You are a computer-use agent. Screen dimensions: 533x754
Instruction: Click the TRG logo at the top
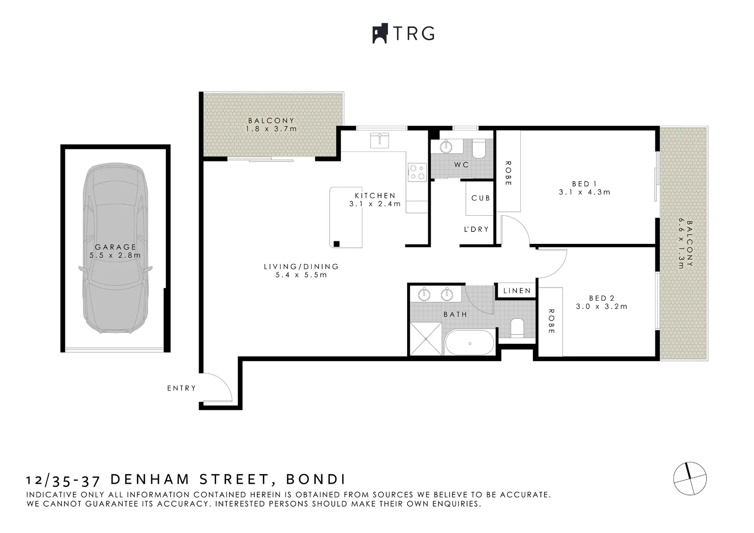click(403, 33)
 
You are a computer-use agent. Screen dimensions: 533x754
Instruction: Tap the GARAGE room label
click(116, 247)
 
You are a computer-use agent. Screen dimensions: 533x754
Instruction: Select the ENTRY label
click(181, 388)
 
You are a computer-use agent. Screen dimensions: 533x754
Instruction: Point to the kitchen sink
click(379, 140)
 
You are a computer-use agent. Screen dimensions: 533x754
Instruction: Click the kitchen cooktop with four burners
click(417, 172)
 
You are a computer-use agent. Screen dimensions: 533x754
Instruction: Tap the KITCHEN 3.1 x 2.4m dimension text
click(375, 204)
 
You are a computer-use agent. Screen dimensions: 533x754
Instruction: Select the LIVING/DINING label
click(301, 267)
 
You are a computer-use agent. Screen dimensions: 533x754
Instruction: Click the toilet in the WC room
click(479, 149)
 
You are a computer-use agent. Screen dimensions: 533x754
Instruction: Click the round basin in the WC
click(446, 147)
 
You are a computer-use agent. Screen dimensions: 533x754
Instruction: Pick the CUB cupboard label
click(481, 198)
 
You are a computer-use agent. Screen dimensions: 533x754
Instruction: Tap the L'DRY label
click(476, 229)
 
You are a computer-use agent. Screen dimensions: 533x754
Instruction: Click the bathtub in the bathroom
click(470, 343)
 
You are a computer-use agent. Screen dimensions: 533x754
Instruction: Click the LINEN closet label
click(517, 291)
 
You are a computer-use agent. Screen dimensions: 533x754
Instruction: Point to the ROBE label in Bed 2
click(551, 321)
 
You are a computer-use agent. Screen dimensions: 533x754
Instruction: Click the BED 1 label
click(584, 184)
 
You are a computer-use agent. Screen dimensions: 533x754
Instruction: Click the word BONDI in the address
click(315, 479)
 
